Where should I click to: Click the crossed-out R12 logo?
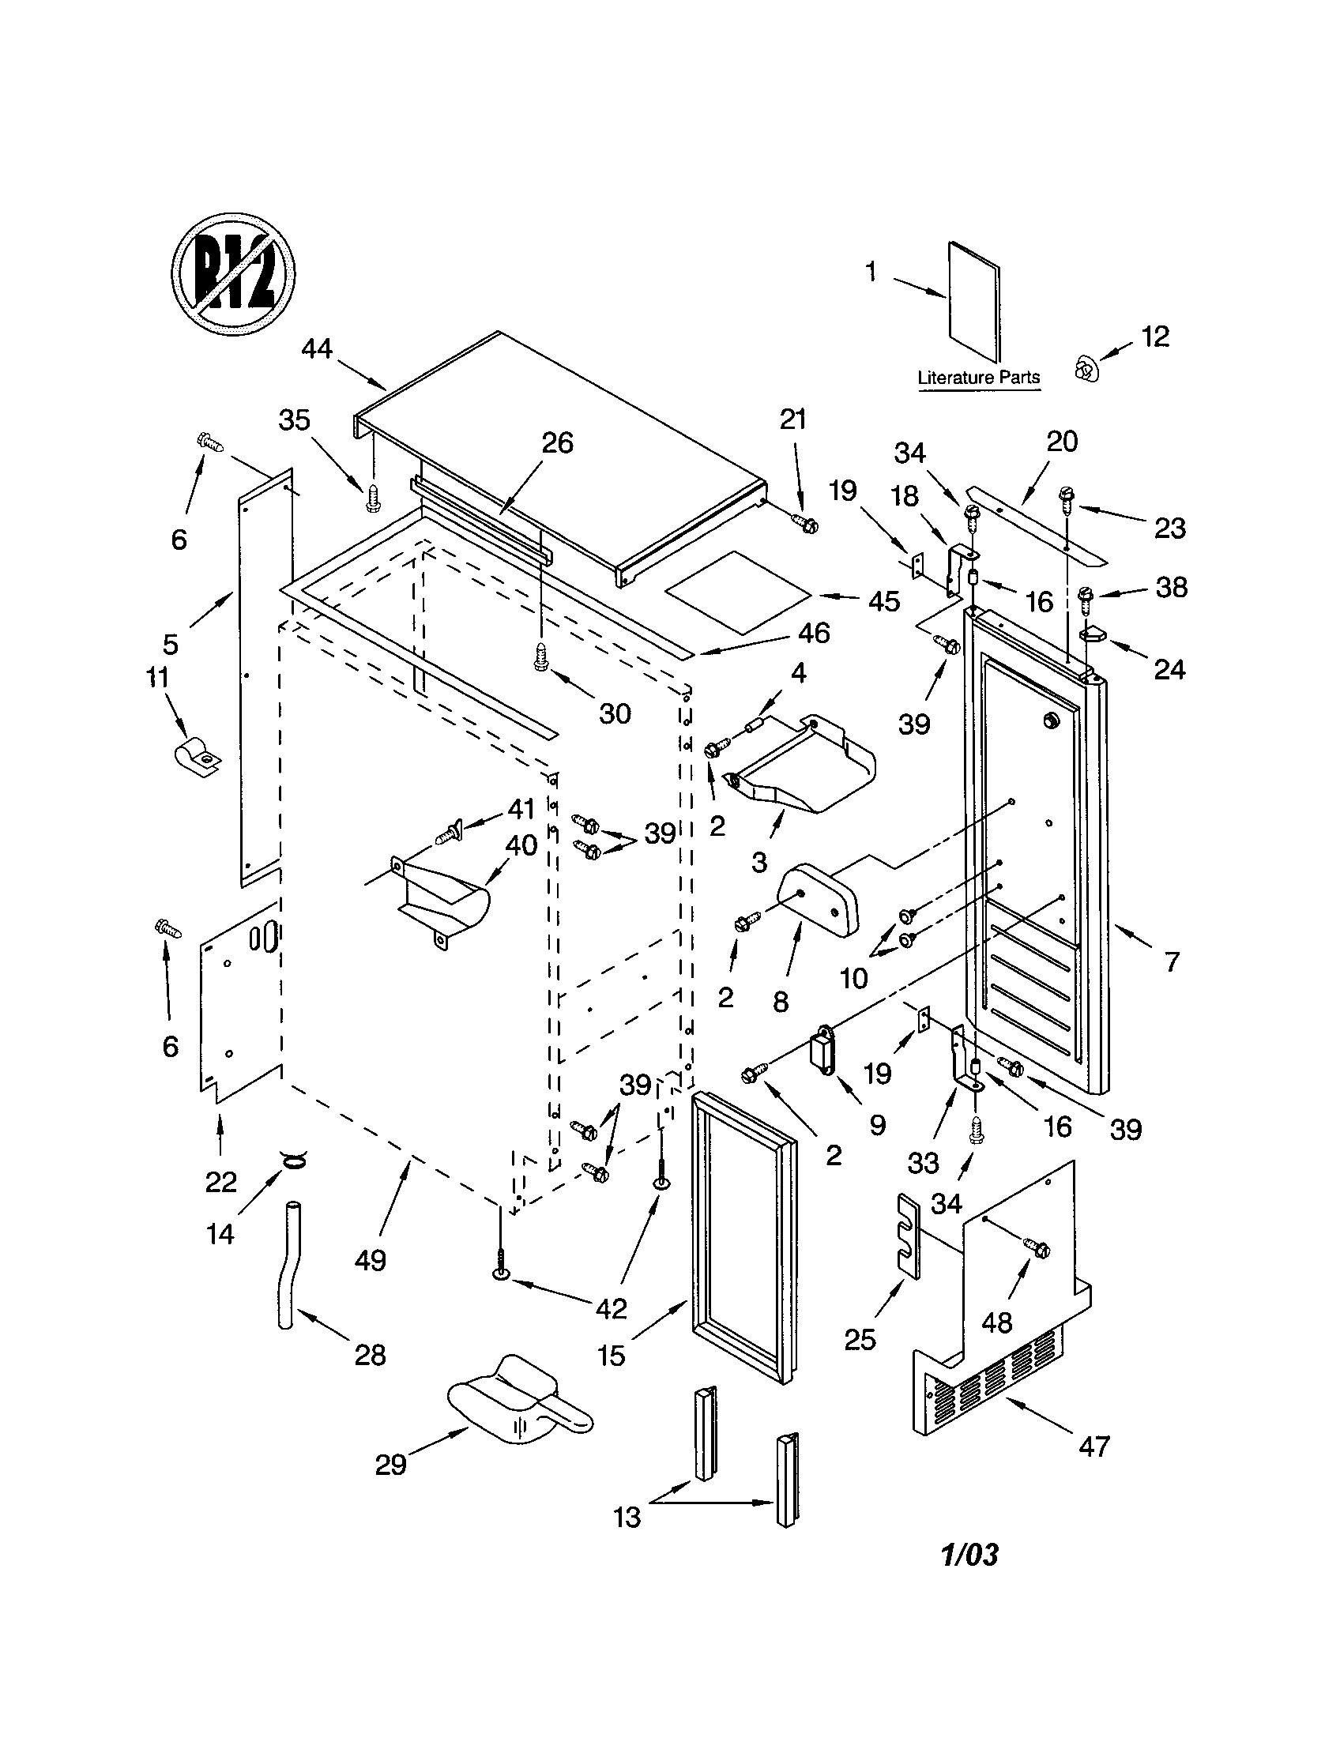233,275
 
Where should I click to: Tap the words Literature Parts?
978,377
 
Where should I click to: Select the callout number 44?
317,349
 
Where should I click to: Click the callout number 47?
1093,1446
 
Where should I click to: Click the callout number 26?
557,443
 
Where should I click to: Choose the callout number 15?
611,1356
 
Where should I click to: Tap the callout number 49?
371,1261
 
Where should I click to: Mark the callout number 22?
220,1182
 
